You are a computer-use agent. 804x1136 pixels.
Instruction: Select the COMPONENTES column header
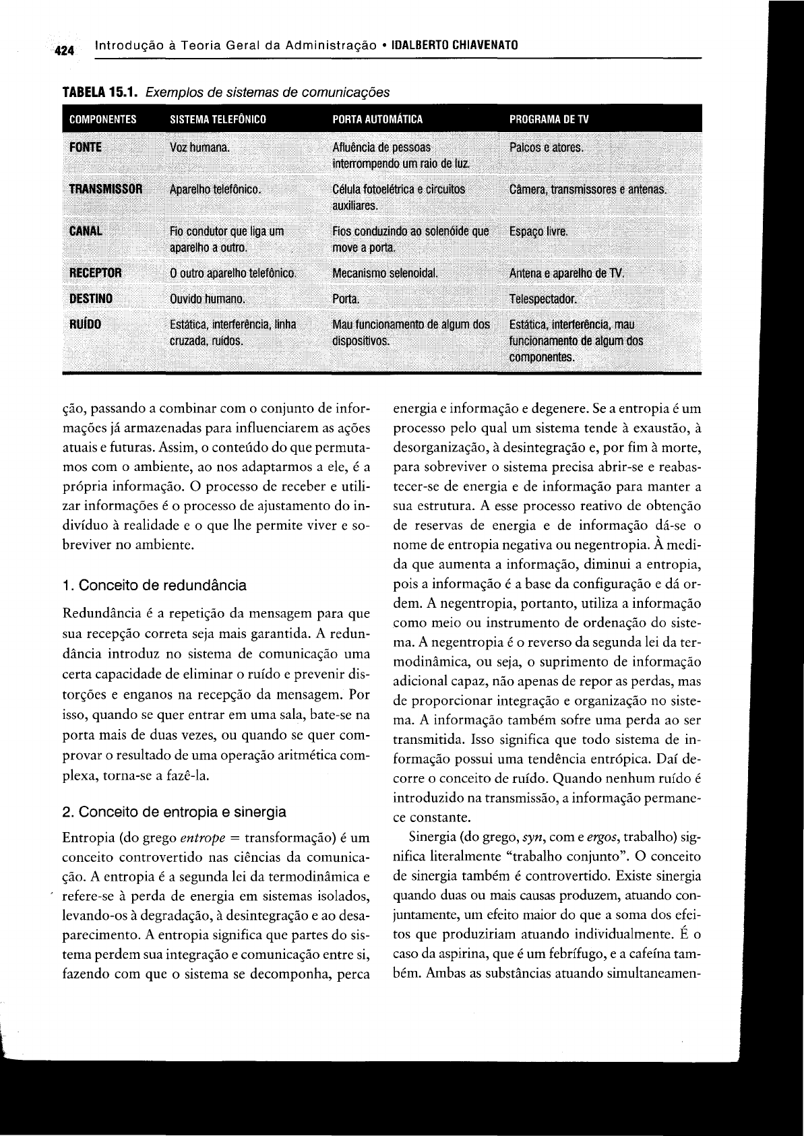click(x=102, y=120)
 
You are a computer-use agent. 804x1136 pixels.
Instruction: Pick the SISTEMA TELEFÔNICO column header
click(x=218, y=120)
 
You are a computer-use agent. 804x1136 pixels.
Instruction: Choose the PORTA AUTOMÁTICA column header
click(x=377, y=120)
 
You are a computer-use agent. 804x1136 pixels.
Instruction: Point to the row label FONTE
click(x=85, y=147)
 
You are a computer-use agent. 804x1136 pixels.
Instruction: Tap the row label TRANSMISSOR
click(x=106, y=189)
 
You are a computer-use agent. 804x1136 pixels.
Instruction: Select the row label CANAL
click(x=86, y=232)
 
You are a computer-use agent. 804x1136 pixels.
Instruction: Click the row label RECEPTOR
click(x=96, y=274)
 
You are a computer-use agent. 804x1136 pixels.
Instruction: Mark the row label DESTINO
click(x=91, y=298)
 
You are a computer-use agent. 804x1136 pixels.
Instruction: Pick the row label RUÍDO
click(x=85, y=324)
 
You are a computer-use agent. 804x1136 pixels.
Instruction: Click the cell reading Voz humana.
click(x=199, y=148)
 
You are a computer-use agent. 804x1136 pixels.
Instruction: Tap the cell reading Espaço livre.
click(x=538, y=232)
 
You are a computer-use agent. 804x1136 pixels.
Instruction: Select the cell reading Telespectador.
click(x=544, y=299)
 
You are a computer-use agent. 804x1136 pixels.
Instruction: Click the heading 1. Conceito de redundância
click(x=154, y=585)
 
